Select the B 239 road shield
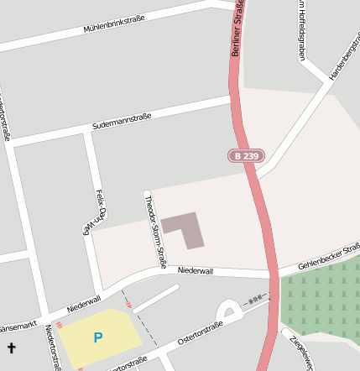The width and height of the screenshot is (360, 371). pos(246,156)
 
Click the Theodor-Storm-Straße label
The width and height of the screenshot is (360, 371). pos(155,231)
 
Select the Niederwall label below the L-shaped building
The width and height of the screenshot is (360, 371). pos(196,271)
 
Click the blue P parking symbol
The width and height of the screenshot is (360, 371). pos(98,337)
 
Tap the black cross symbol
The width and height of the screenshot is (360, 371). pos(12,347)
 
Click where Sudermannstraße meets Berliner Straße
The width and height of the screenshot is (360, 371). pos(232,99)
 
